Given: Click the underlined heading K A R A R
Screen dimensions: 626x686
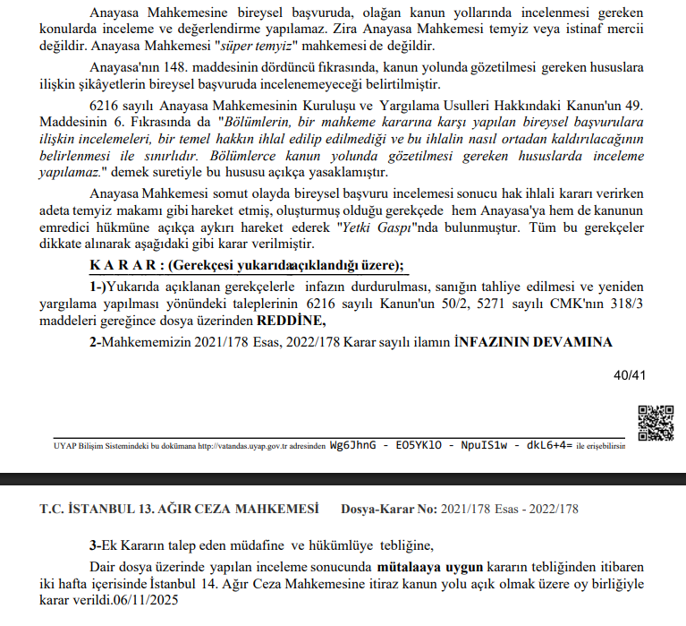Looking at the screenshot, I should coord(124,265).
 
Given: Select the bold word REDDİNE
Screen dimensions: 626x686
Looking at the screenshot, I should coord(292,321).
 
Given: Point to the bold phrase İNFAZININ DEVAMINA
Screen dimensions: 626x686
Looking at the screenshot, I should coord(533,342).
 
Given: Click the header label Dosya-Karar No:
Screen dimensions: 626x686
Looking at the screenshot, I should coord(389,510).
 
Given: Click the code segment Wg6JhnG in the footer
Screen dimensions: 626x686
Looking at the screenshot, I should coord(353,444).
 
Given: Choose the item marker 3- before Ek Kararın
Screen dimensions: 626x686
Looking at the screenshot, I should coord(96,545).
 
